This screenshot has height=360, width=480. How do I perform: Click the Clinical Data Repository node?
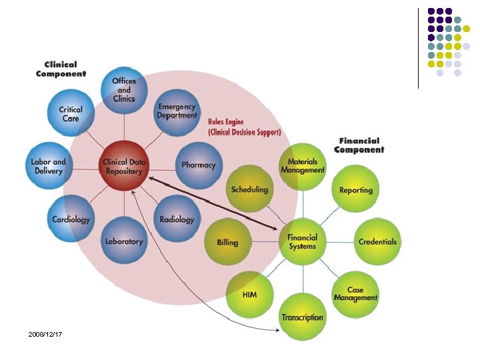123,165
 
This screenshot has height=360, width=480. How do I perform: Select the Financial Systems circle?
302,241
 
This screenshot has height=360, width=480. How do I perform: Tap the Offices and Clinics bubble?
124,91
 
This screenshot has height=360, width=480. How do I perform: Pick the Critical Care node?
71,114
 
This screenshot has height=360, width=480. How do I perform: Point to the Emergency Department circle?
177,111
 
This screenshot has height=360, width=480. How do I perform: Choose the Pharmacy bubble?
199,165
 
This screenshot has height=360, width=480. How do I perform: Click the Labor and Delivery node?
48,166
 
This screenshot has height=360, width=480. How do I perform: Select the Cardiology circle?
71,219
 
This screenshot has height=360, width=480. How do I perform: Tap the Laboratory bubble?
124,241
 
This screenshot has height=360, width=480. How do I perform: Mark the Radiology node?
177,219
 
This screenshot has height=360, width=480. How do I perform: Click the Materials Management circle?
302,166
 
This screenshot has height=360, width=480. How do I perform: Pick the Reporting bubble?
356,190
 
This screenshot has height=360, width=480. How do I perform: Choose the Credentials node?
377,241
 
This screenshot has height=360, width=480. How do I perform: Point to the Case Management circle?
355,294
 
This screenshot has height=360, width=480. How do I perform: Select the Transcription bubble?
302,317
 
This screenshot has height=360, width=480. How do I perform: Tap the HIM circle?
249,294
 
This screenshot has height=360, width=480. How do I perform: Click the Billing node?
227,242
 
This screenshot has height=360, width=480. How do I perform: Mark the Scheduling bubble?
249,189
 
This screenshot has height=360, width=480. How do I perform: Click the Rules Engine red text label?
244,127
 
